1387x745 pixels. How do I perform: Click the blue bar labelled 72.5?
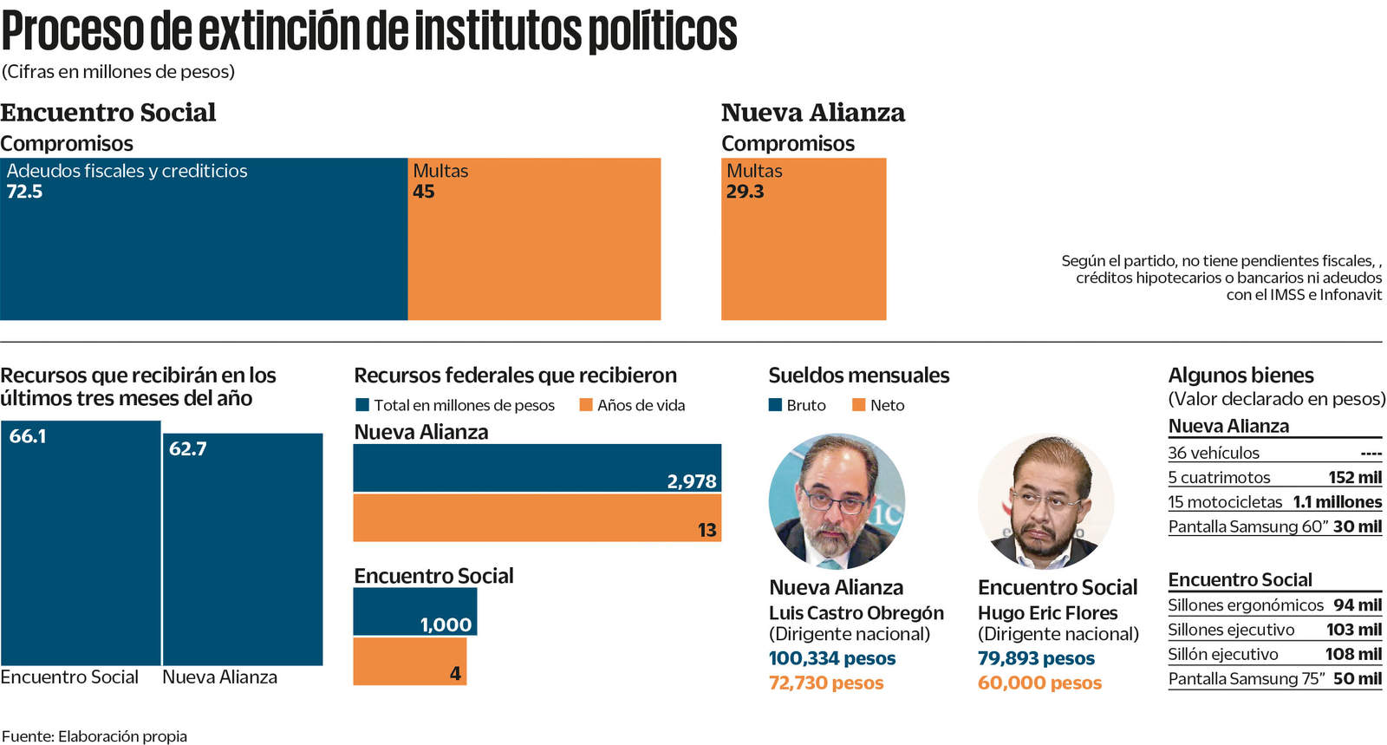tap(204, 252)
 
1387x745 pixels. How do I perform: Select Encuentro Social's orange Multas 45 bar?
tap(534, 252)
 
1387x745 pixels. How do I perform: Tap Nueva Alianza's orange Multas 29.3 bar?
tap(804, 252)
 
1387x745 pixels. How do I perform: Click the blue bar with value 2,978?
tap(537, 468)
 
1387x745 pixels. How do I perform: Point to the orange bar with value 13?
tap(537, 518)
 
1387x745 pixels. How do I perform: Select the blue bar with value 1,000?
tap(414, 611)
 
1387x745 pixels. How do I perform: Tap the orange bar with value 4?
tap(409, 662)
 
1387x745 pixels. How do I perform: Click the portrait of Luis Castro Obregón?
tap(837, 501)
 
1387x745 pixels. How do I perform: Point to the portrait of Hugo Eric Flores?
tap(1045, 501)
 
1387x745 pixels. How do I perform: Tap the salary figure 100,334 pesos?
tap(832, 658)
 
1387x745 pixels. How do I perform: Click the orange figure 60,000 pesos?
tap(1039, 683)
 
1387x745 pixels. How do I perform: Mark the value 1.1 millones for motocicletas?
tap(1337, 502)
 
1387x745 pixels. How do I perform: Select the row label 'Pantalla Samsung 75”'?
tap(1247, 679)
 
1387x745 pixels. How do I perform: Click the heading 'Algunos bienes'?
tap(1240, 376)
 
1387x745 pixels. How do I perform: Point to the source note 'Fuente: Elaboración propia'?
tap(94, 736)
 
